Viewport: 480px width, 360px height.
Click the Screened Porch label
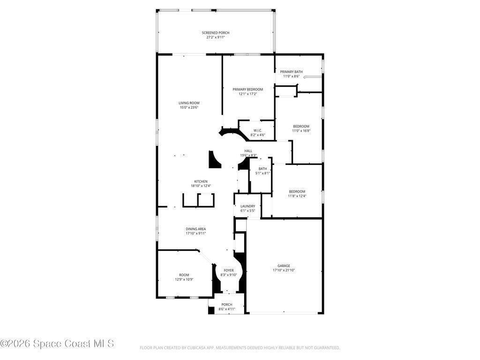(216, 33)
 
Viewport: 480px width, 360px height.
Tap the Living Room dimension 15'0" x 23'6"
(189, 107)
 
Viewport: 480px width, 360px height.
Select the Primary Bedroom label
(247, 90)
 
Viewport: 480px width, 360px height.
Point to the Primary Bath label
(291, 72)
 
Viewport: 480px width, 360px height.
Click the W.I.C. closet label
(258, 130)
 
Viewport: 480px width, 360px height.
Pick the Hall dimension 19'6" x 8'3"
(248, 155)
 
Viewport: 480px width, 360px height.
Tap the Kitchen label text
(201, 181)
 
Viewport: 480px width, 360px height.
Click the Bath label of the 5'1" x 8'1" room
(262, 169)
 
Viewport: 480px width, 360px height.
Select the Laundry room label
(247, 206)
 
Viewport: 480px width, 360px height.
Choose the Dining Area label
(195, 229)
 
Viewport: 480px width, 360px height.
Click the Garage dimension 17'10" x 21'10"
(284, 270)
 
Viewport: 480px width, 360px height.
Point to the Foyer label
(229, 270)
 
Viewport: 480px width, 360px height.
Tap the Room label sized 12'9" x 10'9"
(184, 275)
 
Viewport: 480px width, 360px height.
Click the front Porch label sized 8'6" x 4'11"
(227, 305)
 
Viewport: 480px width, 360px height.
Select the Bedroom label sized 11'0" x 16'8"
(301, 126)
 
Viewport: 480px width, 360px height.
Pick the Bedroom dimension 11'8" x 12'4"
(297, 196)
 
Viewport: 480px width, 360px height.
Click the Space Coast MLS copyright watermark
(57, 344)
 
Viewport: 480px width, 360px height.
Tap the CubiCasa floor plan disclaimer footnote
(240, 348)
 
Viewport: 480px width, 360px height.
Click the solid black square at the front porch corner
(211, 310)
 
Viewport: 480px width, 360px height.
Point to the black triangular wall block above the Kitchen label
(214, 159)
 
